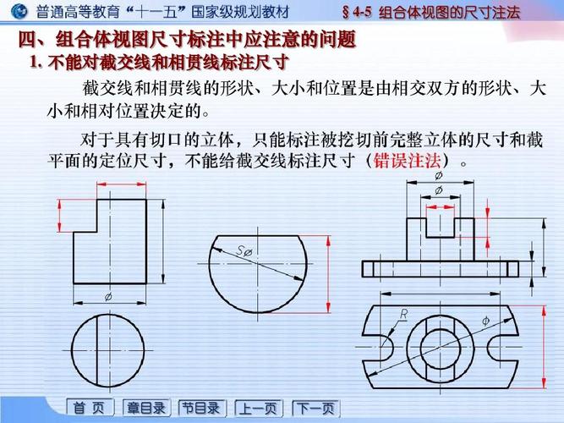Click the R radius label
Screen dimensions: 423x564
tap(403, 313)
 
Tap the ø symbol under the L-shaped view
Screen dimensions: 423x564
tap(107, 297)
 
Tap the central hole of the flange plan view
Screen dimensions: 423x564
tap(438, 345)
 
